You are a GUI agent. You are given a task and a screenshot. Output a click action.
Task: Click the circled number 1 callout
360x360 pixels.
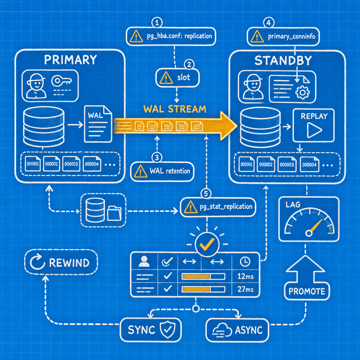157,23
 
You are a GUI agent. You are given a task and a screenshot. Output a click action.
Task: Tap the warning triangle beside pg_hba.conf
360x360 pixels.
136,37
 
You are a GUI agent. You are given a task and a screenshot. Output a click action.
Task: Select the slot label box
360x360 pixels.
178,78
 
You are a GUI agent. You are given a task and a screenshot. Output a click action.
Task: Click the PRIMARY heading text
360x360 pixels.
70,60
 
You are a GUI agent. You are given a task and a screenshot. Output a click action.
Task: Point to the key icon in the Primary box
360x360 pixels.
61,81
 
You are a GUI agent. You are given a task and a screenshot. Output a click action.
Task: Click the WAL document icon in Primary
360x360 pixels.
98,124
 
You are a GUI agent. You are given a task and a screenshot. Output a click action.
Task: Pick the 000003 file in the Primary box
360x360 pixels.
71,164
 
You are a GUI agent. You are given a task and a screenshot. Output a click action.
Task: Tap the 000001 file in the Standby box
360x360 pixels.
246,164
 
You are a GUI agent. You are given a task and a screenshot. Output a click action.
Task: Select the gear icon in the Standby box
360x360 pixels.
302,92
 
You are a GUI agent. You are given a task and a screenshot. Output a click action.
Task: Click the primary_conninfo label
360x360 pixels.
291,36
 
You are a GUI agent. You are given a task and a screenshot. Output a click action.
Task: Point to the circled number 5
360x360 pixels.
206,194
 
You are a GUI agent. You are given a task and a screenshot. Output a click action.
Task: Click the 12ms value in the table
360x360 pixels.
245,276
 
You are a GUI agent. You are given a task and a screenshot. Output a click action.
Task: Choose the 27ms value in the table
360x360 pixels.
245,289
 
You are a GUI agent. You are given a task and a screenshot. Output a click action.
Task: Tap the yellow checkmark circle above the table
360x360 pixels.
207,244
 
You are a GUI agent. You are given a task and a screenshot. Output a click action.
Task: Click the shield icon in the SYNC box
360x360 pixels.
168,329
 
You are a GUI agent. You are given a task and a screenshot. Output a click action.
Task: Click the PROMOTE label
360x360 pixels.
307,291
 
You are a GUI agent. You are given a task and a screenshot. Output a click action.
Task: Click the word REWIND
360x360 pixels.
69,263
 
